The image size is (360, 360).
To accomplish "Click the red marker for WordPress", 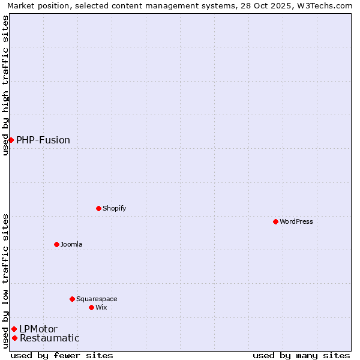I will (275, 221).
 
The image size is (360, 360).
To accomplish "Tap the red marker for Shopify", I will (98, 208).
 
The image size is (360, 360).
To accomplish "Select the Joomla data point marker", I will (56, 244).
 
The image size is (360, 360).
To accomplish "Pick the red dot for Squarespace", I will (72, 299).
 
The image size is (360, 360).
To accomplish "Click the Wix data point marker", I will (91, 307).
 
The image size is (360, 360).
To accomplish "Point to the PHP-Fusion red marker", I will (11, 140).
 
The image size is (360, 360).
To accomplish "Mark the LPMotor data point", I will (14, 329).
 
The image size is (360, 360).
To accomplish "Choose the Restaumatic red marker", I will (14, 338).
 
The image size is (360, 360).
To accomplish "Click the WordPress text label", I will (296, 221).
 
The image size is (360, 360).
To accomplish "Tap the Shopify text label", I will (114, 208).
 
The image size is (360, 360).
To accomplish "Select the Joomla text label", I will (71, 244).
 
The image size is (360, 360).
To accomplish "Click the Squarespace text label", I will (97, 299).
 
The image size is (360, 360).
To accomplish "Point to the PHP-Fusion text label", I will (43, 140).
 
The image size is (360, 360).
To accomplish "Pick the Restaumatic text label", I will (49, 338).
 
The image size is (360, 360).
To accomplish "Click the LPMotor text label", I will (38, 329).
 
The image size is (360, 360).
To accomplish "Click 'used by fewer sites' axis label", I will (62, 355).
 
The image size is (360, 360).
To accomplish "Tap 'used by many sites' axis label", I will (301, 355).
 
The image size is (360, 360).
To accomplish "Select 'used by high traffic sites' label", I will (5, 85).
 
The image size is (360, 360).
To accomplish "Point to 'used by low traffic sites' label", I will (5, 281).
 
